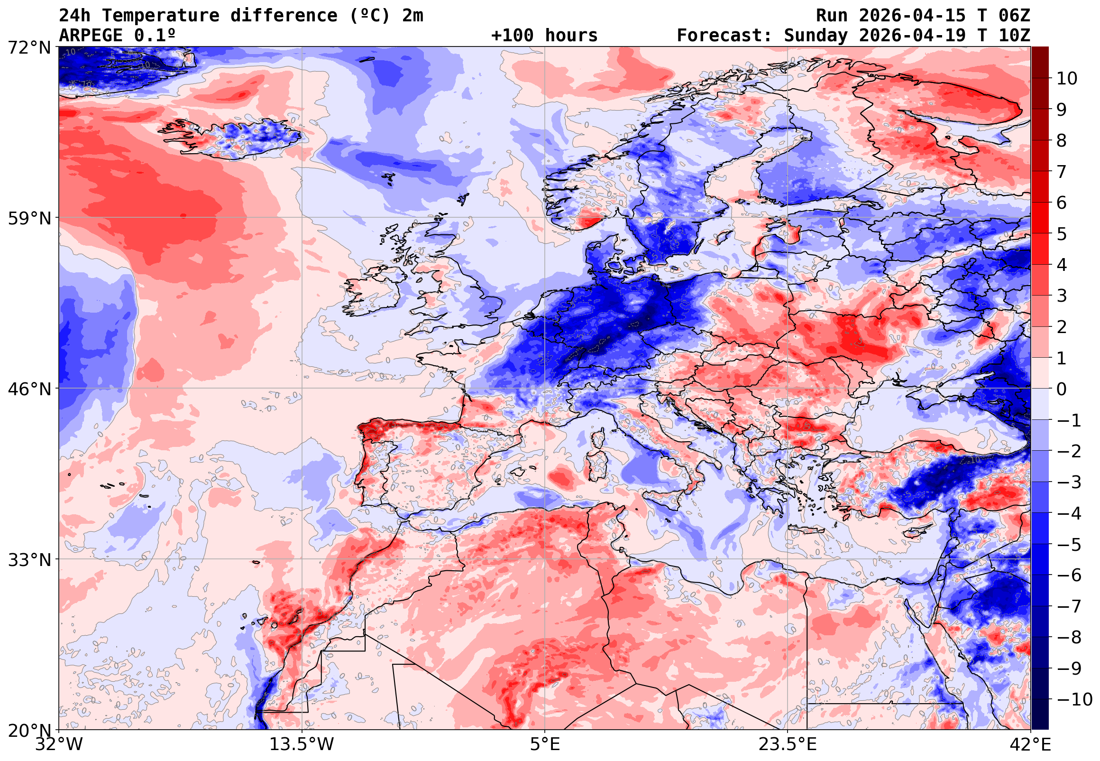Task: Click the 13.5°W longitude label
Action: tap(302, 744)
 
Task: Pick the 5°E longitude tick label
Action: tap(544, 744)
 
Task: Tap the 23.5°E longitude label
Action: tap(787, 744)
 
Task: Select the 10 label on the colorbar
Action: tap(1067, 79)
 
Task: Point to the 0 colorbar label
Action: tap(1062, 390)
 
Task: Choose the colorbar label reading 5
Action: tap(1062, 234)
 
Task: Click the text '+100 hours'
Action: tap(544, 36)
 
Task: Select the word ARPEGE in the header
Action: tap(91, 36)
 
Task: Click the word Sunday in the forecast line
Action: tap(816, 36)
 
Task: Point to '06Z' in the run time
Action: tap(1014, 16)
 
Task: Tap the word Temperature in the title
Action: tap(161, 16)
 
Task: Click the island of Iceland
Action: tap(233, 138)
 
